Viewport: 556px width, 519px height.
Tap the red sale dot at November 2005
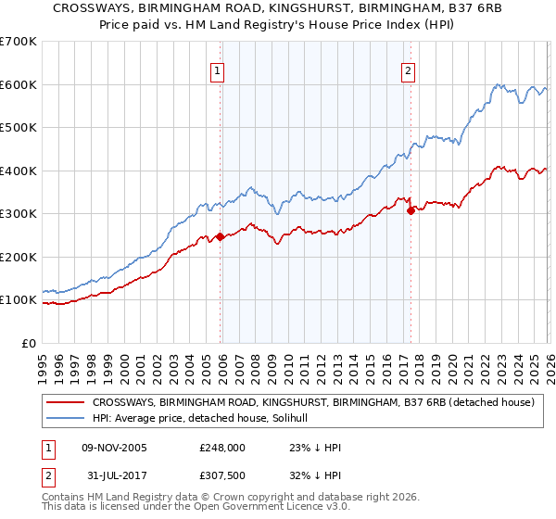pyautogui.click(x=220, y=236)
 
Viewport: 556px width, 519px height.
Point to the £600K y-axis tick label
pyautogui.click(x=19, y=84)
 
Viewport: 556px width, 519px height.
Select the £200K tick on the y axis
pyautogui.click(x=19, y=257)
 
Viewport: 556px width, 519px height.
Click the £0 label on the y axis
pyautogui.click(x=28, y=343)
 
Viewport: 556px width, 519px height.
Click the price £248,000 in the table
pyautogui.click(x=222, y=448)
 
